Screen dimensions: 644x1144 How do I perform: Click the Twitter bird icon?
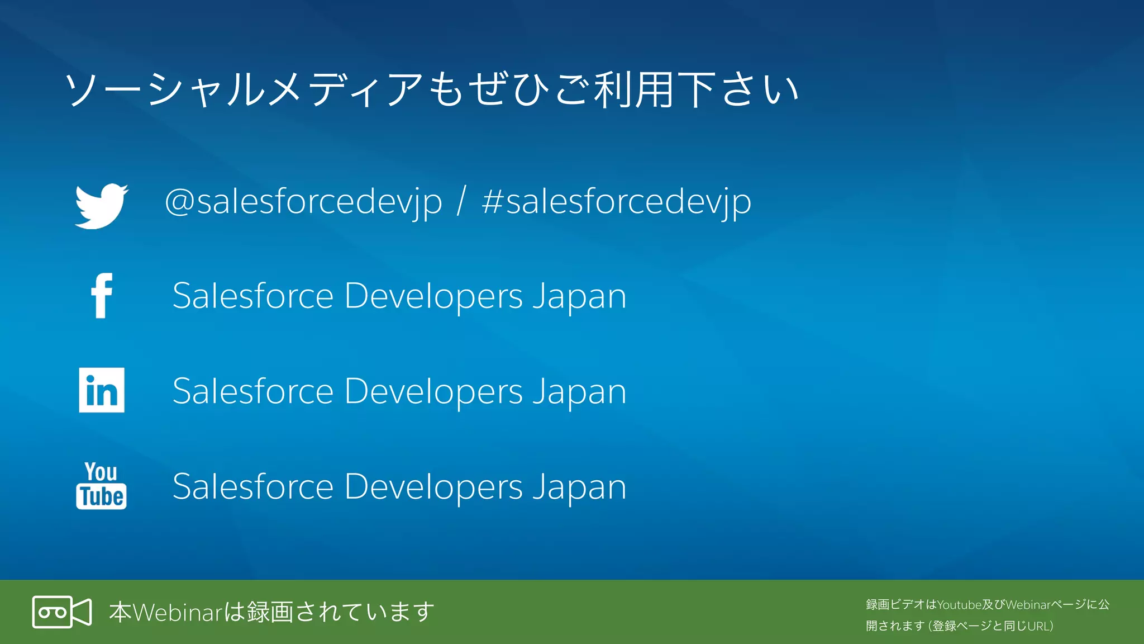pos(101,205)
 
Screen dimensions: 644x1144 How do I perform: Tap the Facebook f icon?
pos(102,296)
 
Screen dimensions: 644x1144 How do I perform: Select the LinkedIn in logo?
pos(102,390)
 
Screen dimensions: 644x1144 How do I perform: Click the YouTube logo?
pos(101,485)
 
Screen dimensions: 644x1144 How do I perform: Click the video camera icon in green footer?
pos(61,612)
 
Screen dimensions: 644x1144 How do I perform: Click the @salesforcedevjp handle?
pos(303,202)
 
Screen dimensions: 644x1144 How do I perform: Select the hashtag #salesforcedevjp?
pos(616,202)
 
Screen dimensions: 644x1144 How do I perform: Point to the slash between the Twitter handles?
pos(461,202)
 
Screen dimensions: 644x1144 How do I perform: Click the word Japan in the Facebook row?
pos(579,296)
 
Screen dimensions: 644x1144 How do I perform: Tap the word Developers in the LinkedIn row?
pos(433,391)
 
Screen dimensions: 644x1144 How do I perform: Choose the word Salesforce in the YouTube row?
pos(253,486)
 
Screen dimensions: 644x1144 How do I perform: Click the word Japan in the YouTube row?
pos(579,486)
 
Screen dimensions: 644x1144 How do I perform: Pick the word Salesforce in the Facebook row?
pos(253,296)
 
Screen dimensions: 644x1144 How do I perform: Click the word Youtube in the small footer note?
pos(959,605)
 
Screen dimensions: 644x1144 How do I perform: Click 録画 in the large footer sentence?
pos(270,612)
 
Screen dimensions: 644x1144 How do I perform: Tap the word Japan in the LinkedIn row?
pos(579,391)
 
